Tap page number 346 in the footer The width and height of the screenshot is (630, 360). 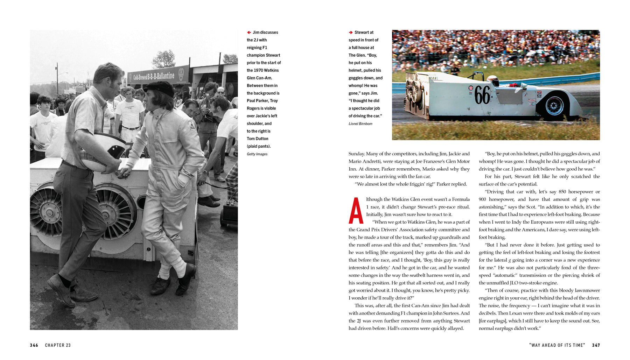point(34,345)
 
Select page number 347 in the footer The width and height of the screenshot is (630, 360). point(596,345)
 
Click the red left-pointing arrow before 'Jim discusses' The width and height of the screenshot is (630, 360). point(249,33)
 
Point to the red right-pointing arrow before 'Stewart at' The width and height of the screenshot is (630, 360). point(350,33)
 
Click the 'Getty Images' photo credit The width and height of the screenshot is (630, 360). point(257,154)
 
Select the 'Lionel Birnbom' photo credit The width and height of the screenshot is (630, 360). point(360,123)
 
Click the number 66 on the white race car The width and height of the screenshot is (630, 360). point(482,95)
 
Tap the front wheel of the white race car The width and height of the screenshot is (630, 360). point(554,105)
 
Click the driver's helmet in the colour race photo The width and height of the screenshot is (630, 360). point(493,80)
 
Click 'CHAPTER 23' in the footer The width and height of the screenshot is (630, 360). point(58,345)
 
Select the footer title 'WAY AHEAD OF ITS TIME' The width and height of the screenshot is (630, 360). point(557,345)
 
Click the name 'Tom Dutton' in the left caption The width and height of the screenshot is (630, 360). point(257,139)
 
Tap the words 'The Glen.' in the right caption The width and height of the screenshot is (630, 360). point(357,55)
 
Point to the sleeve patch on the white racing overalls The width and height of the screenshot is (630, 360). point(192,125)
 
